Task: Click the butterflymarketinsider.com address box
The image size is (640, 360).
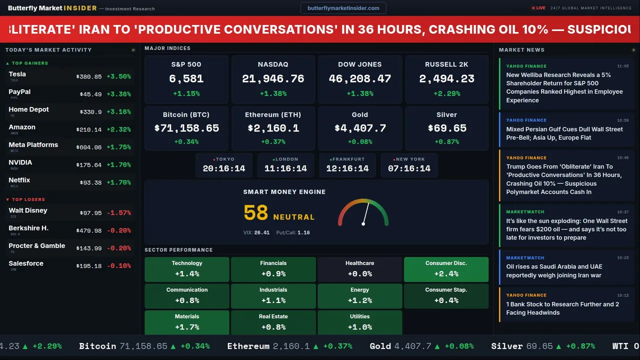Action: click(x=343, y=8)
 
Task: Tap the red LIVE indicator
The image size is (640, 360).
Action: click(x=538, y=8)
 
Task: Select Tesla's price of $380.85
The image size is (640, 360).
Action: click(x=89, y=77)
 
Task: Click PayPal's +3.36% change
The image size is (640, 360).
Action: click(x=119, y=94)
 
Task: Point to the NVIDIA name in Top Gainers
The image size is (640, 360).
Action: click(x=20, y=162)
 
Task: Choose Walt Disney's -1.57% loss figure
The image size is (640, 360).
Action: click(x=119, y=213)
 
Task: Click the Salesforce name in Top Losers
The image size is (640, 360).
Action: click(x=26, y=263)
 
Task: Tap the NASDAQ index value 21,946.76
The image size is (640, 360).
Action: click(x=273, y=78)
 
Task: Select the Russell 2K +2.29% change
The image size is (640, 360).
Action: click(x=446, y=93)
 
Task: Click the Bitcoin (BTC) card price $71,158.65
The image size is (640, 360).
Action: click(x=186, y=128)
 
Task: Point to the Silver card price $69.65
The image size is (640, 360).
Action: click(x=446, y=128)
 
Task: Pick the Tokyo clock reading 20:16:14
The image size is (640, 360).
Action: click(x=224, y=168)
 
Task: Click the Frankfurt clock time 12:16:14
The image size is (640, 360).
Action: click(x=347, y=168)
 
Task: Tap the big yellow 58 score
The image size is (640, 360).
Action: click(x=256, y=213)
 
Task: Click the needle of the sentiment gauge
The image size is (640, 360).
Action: click(x=366, y=213)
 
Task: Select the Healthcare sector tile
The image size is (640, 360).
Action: click(x=359, y=268)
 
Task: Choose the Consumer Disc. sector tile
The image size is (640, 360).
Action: click(x=446, y=268)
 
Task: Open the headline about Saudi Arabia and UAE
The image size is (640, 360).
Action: click(x=554, y=270)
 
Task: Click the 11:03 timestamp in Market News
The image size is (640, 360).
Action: click(x=623, y=66)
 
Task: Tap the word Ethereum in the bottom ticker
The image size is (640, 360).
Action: click(x=248, y=346)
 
